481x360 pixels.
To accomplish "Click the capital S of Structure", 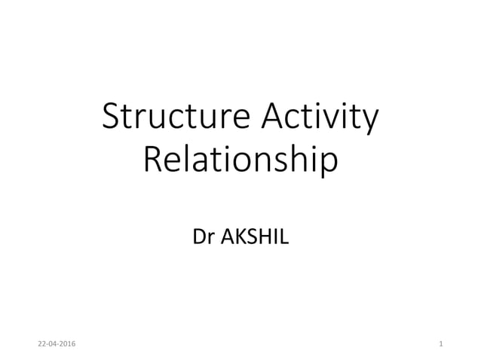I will pos(111,119).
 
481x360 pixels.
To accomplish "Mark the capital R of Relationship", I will pos(151,160).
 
